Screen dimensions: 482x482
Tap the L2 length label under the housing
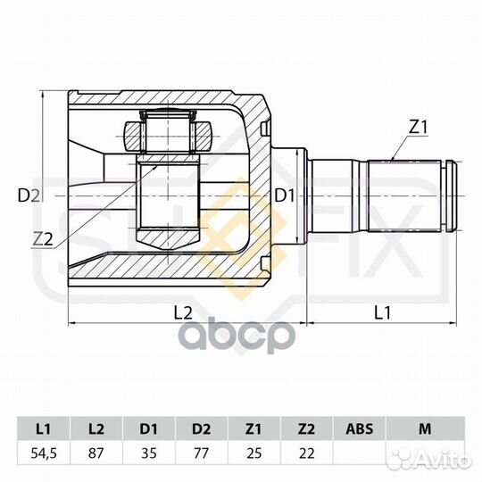click(x=183, y=312)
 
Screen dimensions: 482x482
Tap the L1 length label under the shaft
click(x=382, y=312)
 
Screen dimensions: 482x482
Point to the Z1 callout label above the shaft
click(x=419, y=128)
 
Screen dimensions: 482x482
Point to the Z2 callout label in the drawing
click(x=42, y=238)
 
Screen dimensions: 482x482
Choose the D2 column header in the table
click(x=203, y=428)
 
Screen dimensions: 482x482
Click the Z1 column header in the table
click(x=254, y=428)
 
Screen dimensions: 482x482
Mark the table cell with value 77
click(x=203, y=454)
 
